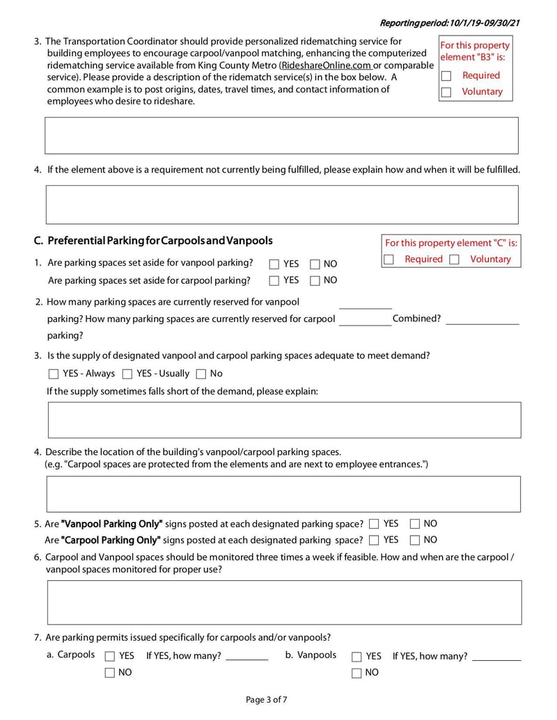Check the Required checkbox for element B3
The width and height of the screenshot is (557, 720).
[446, 76]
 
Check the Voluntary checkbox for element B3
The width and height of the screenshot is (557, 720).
[446, 92]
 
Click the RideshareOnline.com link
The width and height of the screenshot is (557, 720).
[326, 65]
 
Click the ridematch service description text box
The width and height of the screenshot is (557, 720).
[281, 135]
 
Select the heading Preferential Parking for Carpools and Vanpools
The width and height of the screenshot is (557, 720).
[159, 241]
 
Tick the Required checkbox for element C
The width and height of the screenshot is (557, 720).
[389, 259]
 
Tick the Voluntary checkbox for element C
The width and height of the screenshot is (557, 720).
[454, 259]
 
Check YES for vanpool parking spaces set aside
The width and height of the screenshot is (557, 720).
[274, 264]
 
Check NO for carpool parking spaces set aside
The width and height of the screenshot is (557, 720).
[315, 280]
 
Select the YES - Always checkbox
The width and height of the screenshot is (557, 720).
[54, 374]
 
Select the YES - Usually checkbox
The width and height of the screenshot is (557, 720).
[127, 374]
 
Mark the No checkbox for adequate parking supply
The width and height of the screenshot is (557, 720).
[201, 374]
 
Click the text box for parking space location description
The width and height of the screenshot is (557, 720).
[283, 494]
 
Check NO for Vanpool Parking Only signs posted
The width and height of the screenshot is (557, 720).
[415, 524]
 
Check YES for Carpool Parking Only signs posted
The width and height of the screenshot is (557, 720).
[375, 540]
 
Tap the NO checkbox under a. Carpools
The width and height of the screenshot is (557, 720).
[110, 673]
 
